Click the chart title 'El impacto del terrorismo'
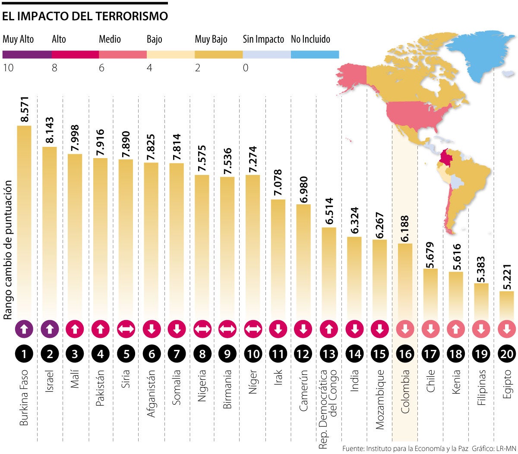pos(85,16)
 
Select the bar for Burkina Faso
pos(24,220)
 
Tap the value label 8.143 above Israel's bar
pos(50,130)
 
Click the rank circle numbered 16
pos(405,354)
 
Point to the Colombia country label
pos(405,391)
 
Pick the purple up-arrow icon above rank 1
pos(24,329)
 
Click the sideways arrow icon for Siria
pos(126,329)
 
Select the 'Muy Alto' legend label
pos(18,39)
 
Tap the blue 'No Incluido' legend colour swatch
pos(315,54)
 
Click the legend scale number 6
pos(101,68)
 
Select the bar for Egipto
pos(507,305)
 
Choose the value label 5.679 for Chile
pos(430,255)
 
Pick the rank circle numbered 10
pos(253,354)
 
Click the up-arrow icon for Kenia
pos(456,329)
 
